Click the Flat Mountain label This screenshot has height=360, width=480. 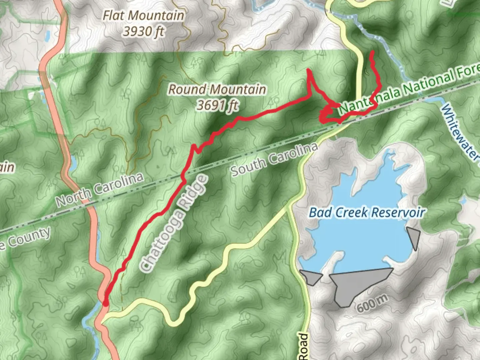pos(143,15)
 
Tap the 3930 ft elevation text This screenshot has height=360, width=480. pos(143,31)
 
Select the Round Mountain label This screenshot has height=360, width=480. pos(217,89)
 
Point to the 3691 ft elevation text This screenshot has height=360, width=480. pos(217,105)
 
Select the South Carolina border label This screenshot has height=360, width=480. pos(274,160)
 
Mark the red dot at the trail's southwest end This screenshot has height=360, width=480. pos(105,303)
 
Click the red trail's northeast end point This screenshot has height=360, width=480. pos(372,52)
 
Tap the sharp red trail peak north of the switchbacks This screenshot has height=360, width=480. pos(309,70)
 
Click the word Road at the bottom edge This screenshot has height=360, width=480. pos(303,347)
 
